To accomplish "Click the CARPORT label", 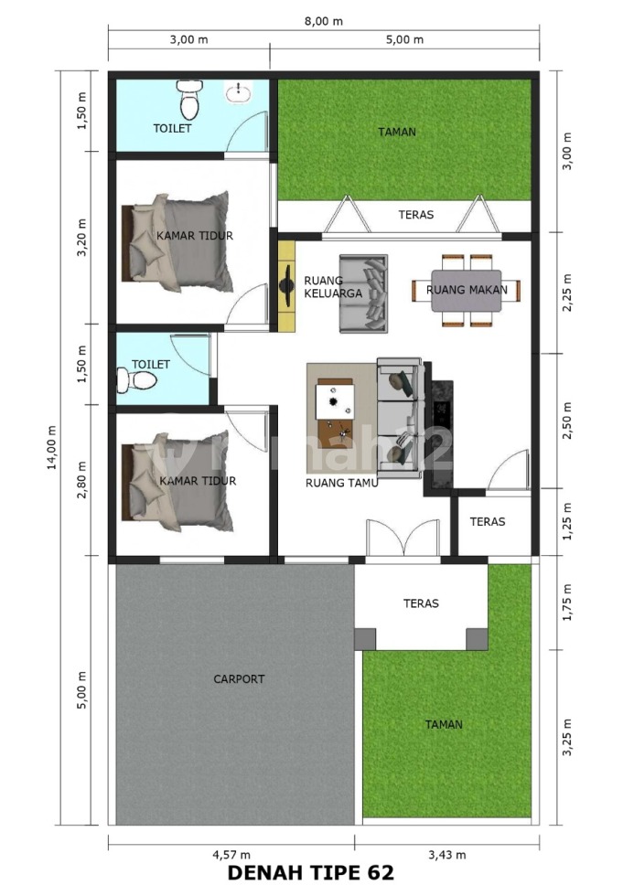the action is [239, 678].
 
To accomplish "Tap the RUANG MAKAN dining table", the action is [466, 291].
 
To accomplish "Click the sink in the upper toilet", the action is [238, 91].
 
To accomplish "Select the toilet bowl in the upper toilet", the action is [189, 99].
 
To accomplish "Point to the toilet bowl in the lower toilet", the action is [136, 380].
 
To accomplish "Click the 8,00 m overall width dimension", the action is [324, 21].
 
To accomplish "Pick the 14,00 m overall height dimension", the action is [52, 447].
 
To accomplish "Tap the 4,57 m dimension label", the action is [231, 855].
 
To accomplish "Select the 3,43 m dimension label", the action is [447, 855].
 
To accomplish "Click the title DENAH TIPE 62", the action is [311, 872].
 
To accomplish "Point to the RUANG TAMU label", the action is [342, 483].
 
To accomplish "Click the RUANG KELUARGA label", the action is [333, 287].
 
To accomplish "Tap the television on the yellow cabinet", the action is [286, 283].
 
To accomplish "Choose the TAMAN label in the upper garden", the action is [397, 132].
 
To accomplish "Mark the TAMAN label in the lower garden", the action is [444, 724].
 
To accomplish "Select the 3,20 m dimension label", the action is [81, 237].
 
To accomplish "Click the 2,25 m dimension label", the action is [567, 293].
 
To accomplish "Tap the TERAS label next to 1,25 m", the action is [488, 522].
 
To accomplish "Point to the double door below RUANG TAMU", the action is [403, 538].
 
